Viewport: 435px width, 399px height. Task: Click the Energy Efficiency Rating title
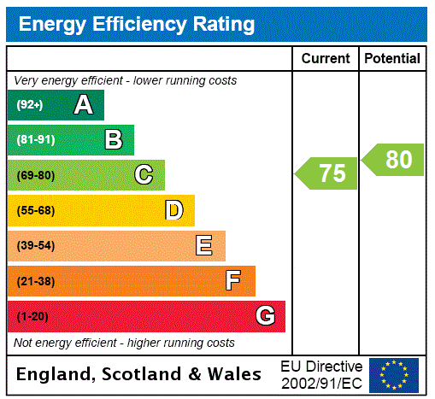(137, 24)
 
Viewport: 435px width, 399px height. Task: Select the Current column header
(326, 59)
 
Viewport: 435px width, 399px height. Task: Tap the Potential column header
(392, 59)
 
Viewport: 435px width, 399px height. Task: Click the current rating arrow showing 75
(327, 173)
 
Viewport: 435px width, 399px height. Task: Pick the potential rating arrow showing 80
(393, 160)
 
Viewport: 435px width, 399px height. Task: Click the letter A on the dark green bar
(83, 105)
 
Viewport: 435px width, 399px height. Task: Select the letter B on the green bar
(113, 140)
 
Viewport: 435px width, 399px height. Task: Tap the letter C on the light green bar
(144, 175)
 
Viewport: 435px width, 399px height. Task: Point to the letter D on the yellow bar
(173, 210)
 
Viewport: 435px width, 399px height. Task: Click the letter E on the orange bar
(203, 246)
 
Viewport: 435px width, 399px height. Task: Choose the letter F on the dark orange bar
(233, 281)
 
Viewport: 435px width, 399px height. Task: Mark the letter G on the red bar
(265, 316)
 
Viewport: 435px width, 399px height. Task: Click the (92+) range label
(30, 105)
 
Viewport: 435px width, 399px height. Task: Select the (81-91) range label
(35, 140)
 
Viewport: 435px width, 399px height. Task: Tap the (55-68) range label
(35, 210)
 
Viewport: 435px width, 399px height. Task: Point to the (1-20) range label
(32, 316)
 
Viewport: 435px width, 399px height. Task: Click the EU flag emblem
(394, 374)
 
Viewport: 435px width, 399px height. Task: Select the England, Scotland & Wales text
(139, 374)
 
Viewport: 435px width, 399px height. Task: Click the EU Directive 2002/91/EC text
(321, 374)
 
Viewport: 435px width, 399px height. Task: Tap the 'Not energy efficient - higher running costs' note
(124, 343)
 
